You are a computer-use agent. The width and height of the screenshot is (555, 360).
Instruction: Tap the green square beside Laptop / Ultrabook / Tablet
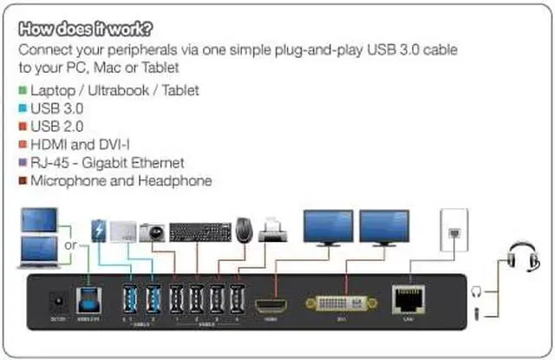click(23, 90)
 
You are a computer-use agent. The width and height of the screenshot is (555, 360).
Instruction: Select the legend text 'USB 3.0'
click(58, 108)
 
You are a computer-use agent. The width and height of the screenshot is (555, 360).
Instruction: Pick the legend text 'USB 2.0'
click(58, 127)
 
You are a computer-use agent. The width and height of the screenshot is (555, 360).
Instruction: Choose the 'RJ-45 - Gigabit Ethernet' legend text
click(107, 163)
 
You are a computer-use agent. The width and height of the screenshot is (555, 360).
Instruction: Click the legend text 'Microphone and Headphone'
click(121, 181)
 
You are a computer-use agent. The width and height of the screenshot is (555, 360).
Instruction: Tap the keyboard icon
click(199, 232)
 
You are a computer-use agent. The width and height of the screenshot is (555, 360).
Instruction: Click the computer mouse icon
click(245, 230)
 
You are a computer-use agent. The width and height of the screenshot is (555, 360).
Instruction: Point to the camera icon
click(152, 232)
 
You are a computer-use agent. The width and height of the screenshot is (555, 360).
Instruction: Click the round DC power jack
click(58, 303)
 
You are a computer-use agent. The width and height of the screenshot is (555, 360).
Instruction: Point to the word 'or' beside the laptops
click(69, 245)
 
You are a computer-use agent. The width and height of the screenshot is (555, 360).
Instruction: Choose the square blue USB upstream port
click(88, 300)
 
